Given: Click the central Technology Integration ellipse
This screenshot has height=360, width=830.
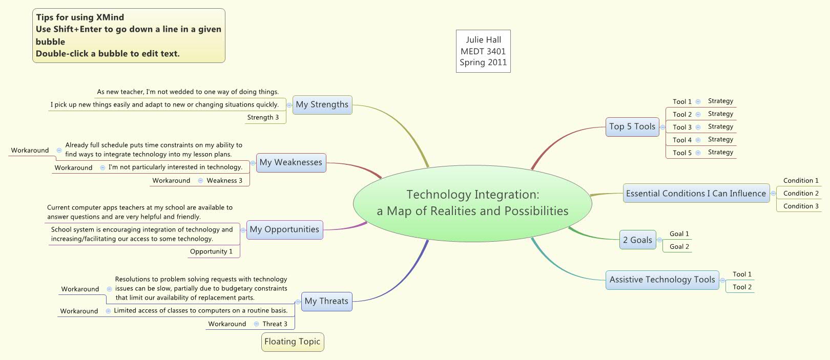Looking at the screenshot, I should (x=472, y=203).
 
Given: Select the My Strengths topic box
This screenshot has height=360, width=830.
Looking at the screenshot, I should (x=322, y=104).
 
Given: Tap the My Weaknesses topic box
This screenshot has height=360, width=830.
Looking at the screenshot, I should (x=291, y=162).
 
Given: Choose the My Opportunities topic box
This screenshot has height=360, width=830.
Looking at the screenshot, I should (x=284, y=229).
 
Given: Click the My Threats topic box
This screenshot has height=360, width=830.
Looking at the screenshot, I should (x=326, y=301).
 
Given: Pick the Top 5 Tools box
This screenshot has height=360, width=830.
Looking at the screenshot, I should (x=632, y=126).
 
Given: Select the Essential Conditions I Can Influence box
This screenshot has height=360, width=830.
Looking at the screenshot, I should (x=696, y=194).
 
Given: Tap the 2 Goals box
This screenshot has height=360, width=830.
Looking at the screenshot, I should (x=637, y=240).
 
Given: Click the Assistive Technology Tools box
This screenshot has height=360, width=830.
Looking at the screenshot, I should (x=662, y=280).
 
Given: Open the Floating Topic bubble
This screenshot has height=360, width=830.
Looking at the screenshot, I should (x=293, y=342).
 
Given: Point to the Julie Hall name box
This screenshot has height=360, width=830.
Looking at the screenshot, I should (x=483, y=51).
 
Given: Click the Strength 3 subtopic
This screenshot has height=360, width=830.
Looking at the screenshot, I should (x=263, y=117).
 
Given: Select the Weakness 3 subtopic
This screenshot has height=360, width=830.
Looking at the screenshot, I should (x=224, y=180).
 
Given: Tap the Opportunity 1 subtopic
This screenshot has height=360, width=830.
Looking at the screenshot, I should (x=211, y=251).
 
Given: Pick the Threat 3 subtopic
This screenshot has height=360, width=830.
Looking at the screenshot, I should (x=275, y=324).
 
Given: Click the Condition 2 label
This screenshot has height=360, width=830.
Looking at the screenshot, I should (x=801, y=193).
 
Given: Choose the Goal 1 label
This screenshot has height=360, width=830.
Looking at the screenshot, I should (x=679, y=234).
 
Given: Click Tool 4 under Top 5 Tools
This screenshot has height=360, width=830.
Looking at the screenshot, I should (x=682, y=140).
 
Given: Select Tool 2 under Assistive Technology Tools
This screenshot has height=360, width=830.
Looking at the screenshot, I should (x=742, y=287).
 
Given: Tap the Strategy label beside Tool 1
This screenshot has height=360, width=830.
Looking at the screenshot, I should (x=720, y=101).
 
